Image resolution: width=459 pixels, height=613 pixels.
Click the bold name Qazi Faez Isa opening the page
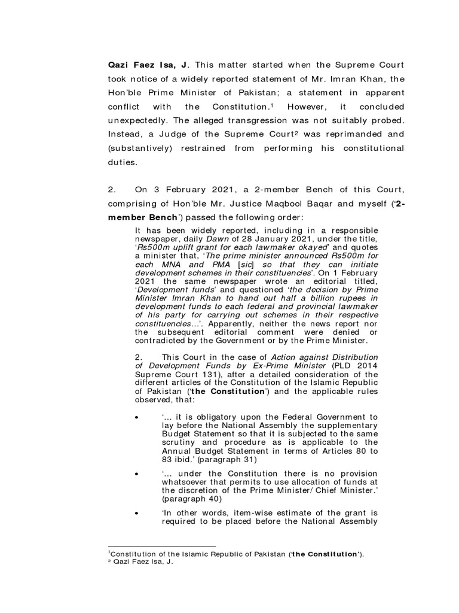128,65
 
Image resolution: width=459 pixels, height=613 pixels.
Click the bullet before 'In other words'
138,514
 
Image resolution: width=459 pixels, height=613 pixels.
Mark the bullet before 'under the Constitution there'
138,473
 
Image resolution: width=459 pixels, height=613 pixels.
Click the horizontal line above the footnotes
161,547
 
